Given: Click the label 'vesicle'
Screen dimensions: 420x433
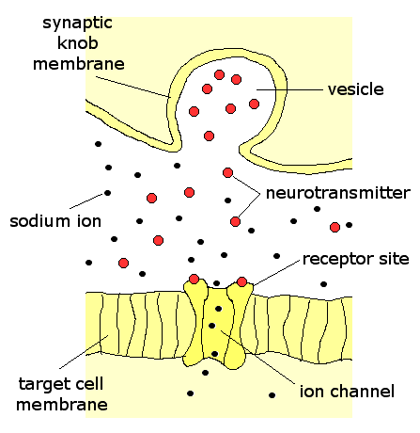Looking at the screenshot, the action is pos(356,89).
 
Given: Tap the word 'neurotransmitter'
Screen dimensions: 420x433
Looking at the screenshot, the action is pos(338,193).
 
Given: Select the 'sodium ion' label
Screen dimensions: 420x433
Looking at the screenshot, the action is pos(55,221).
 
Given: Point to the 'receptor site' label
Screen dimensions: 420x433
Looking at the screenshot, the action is pos(356,259).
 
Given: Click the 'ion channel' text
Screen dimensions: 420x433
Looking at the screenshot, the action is pos(347,392).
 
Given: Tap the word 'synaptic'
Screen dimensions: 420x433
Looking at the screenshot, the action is pos(77,24).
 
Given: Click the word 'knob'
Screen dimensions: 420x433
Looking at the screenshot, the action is pos(78,43).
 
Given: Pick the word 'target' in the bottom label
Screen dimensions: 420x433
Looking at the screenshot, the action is pos(43,384).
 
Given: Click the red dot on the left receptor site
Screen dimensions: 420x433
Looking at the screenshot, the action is pos(194,279).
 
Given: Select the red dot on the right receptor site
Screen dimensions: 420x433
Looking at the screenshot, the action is pos(241,281).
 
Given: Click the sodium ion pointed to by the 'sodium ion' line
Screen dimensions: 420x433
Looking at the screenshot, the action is pos(107,193).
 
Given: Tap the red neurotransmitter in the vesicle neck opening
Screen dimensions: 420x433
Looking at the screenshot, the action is pos(209,136).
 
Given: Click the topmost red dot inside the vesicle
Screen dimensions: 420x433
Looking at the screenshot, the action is pos(219,75).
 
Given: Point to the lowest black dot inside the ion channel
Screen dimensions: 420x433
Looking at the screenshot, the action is pos(214,354).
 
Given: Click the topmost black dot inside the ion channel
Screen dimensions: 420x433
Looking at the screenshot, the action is pos(219,309).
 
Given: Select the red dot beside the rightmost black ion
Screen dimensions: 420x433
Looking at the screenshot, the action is pos(334,227).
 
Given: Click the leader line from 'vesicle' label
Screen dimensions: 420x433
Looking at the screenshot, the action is pos(289,89).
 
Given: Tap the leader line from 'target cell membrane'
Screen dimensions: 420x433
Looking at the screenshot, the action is pos(84,352).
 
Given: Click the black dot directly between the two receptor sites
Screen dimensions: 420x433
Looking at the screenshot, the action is pos(216,283).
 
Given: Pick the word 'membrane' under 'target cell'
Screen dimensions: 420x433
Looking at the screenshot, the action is pos(62,405).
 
